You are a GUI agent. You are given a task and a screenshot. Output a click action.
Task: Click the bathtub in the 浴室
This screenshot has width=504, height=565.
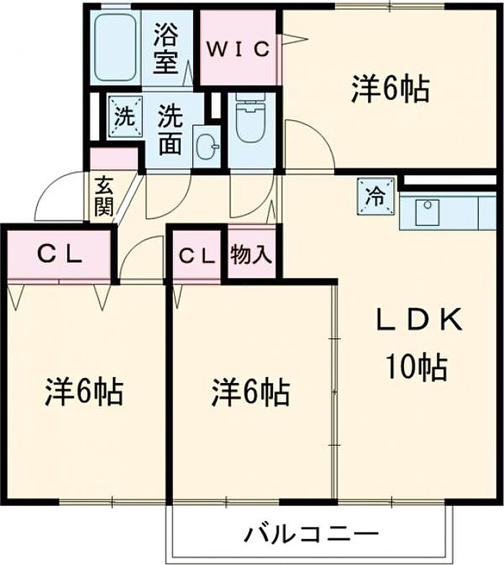coord(115,47)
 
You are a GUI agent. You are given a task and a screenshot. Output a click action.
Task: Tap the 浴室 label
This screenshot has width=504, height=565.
coord(166,48)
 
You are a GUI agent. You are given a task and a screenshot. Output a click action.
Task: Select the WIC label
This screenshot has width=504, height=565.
coord(238,49)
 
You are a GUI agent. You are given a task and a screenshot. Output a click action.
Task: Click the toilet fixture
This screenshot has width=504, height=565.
coord(251,118)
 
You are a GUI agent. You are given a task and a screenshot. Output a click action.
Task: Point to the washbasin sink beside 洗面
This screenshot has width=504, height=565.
coord(207,146)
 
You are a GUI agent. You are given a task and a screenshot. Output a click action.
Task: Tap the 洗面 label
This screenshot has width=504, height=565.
coord(171,130)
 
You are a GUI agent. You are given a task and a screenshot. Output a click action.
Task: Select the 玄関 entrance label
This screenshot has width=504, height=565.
coord(104,196)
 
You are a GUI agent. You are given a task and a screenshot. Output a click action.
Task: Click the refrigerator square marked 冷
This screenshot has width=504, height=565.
coord(375,197)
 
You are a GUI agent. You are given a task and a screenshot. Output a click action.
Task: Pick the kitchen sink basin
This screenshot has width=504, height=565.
coord(427,212)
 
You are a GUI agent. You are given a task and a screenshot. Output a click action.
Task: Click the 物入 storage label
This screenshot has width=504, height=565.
coord(251,255)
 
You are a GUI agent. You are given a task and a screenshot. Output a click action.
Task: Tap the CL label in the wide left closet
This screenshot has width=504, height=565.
coord(60,256)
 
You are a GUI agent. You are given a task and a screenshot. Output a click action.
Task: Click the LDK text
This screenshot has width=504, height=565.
coord(419,320)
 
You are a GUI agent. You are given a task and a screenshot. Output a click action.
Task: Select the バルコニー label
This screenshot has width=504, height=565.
coord(312,533)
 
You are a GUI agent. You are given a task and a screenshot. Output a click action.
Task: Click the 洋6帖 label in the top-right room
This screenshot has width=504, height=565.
coord(390,89)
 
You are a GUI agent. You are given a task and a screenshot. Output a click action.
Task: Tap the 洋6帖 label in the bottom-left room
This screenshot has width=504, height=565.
coord(84,392)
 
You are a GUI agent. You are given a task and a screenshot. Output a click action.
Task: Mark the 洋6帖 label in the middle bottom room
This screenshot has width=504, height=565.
coord(251,392)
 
